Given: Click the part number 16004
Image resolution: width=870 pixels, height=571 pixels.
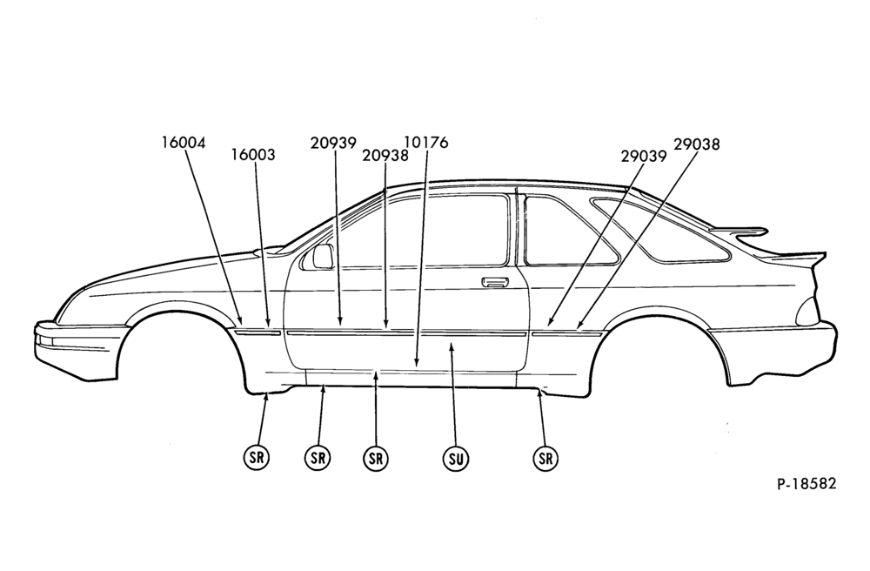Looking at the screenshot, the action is [x=184, y=143].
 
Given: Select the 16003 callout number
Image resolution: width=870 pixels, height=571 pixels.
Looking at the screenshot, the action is [x=253, y=155].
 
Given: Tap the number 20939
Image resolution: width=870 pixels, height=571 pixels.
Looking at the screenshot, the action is [x=333, y=143].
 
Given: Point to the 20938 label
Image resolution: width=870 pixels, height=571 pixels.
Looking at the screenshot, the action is [x=385, y=156].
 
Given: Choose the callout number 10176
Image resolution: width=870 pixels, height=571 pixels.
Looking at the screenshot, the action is [x=426, y=143].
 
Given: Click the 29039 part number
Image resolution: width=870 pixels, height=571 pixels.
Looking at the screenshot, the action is [x=644, y=157].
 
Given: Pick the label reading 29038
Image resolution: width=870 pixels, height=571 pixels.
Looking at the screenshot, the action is [x=697, y=144].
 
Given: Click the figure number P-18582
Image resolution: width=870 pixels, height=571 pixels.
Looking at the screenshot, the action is [x=806, y=483].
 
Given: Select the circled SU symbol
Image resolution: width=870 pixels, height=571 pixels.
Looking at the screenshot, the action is [x=456, y=459].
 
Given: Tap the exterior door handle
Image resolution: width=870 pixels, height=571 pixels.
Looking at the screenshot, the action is [x=496, y=282].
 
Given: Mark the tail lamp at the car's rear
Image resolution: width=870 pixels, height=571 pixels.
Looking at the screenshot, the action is [x=807, y=312].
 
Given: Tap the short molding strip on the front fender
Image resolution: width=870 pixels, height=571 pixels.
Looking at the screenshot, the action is [x=258, y=333].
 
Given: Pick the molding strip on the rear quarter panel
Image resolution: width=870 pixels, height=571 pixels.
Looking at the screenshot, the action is [x=567, y=334].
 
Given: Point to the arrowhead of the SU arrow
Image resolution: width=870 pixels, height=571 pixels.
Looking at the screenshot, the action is [x=452, y=346].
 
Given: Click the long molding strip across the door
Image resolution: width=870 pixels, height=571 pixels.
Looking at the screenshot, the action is [x=406, y=334].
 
